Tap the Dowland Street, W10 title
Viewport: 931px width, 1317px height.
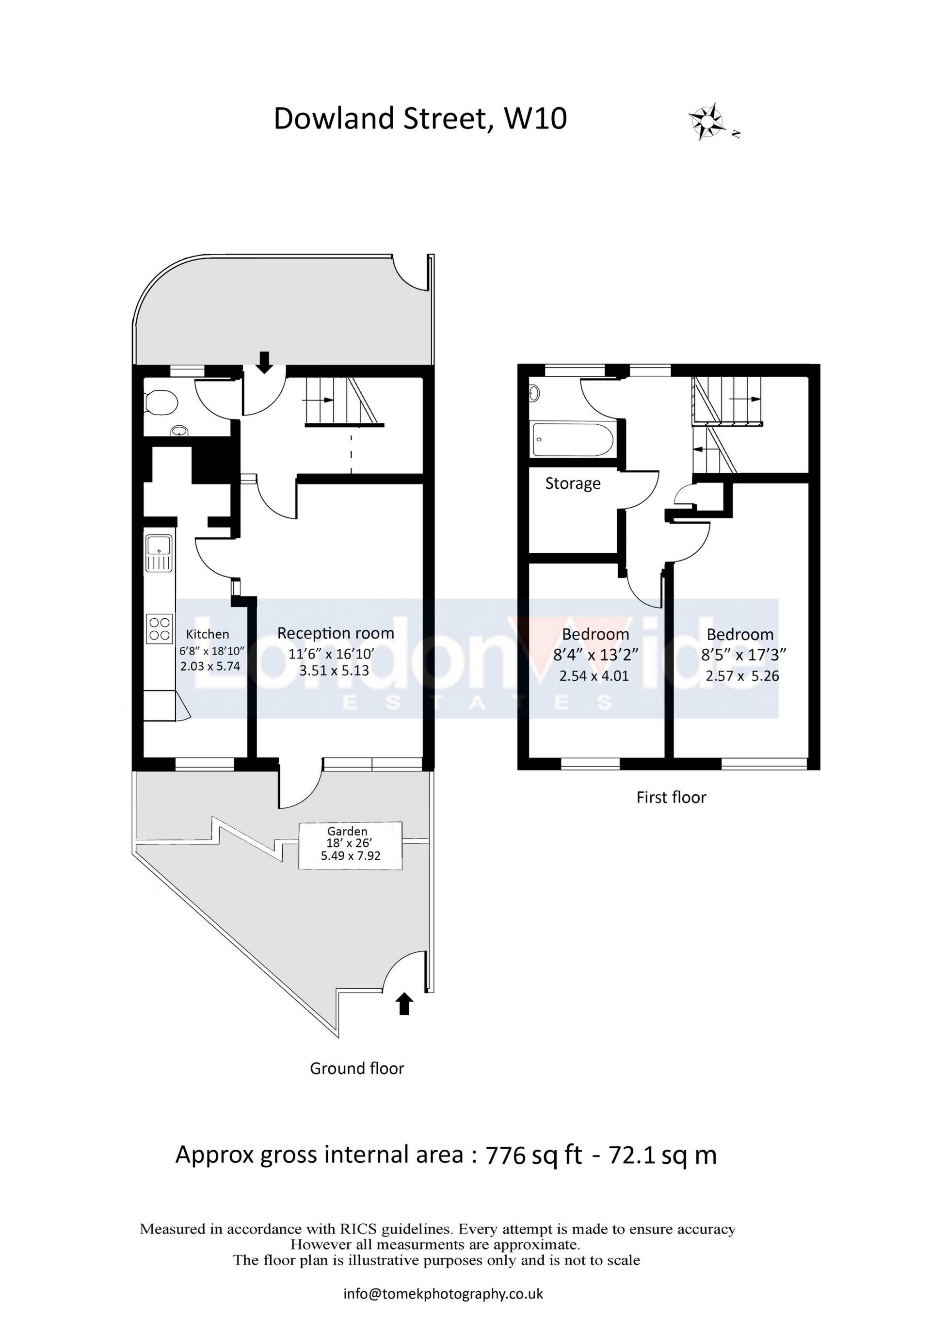tap(420, 119)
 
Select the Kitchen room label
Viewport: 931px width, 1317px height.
tap(207, 634)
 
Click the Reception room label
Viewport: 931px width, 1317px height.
tap(336, 633)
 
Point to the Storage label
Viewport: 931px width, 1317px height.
tap(573, 483)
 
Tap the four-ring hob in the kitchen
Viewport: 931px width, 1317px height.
tap(160, 627)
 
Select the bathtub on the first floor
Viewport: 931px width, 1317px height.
tap(573, 440)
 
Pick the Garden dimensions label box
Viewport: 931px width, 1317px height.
tap(351, 846)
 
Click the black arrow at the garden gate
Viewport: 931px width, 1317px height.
tap(404, 1004)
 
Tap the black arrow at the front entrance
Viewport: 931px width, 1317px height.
tap(264, 361)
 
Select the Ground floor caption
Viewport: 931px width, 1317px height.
tap(357, 1068)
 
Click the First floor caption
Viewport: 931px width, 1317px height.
tap(671, 797)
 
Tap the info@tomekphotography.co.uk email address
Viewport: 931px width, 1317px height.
tap(443, 1294)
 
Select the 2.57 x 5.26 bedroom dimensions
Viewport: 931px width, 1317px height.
tap(742, 675)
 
